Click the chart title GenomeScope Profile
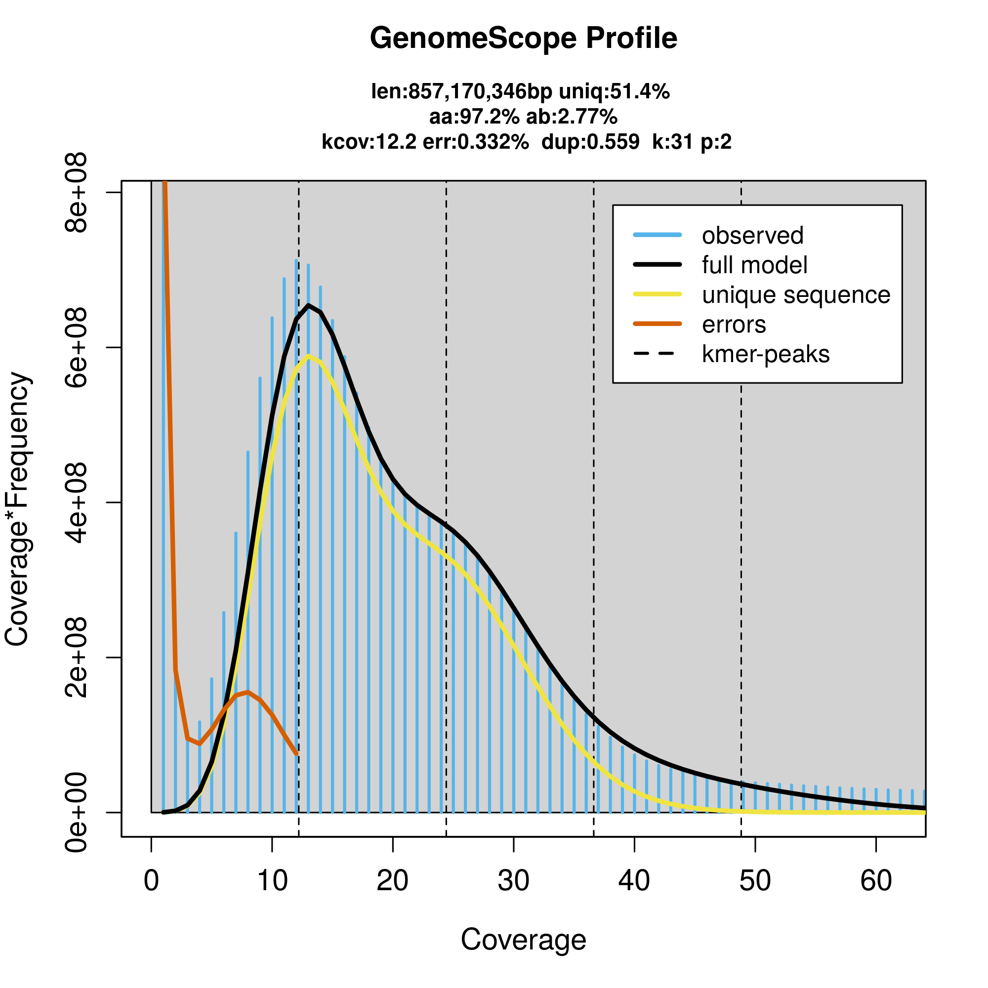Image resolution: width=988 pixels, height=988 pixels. pos(523,39)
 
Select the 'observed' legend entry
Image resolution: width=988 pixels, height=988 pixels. pos(752,236)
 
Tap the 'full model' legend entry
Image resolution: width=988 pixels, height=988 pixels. pos(754,265)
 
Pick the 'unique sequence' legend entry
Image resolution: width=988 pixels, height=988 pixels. pos(796,295)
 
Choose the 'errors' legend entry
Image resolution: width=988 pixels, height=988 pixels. pos(734,325)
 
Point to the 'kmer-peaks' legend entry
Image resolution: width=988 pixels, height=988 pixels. pos(766,354)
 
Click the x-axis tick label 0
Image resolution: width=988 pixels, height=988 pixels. pos(151,881)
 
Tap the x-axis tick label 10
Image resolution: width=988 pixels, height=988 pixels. pos(272,881)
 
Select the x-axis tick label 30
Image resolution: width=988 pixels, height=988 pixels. pos(513,881)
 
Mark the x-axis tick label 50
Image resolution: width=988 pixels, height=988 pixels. pos(755,881)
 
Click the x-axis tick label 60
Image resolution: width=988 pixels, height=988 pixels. pos(876,881)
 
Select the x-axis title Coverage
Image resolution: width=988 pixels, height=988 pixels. pos(523,940)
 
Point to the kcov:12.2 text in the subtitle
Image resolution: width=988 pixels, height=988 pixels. pos(369,142)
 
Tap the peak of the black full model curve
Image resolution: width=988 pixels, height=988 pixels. pos(308,305)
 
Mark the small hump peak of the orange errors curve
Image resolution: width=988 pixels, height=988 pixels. pos(248,692)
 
